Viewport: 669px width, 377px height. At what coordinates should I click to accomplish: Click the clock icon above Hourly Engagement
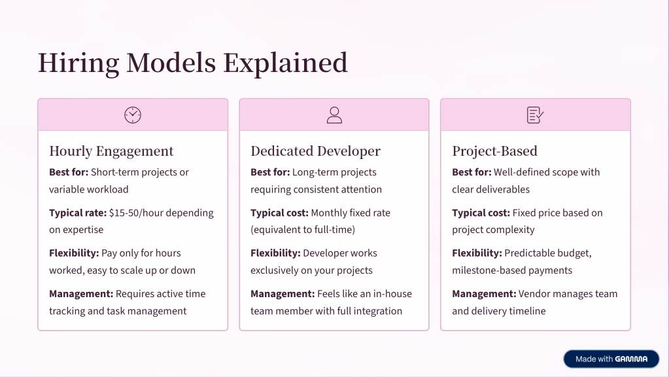(133, 115)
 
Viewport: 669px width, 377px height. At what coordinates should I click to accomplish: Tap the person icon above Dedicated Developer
(334, 115)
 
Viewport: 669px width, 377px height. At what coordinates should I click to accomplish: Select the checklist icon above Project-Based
(536, 115)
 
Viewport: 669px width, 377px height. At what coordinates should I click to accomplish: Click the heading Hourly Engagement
(111, 151)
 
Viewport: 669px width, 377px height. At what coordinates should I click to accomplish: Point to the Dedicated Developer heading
(315, 151)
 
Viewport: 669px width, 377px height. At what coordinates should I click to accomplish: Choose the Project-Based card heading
(494, 151)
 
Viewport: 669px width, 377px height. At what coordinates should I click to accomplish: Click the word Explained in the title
(285, 63)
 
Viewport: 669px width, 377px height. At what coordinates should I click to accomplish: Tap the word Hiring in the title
(78, 63)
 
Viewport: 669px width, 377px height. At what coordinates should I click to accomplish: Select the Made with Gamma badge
(611, 359)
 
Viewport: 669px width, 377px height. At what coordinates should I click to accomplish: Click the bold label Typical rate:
(78, 213)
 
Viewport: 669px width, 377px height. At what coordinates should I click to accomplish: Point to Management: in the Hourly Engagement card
(81, 294)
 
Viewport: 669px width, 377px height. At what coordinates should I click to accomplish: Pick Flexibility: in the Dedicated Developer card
(275, 253)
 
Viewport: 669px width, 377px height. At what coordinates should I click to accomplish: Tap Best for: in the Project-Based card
(472, 172)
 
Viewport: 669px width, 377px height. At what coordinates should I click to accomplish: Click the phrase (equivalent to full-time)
(303, 230)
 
